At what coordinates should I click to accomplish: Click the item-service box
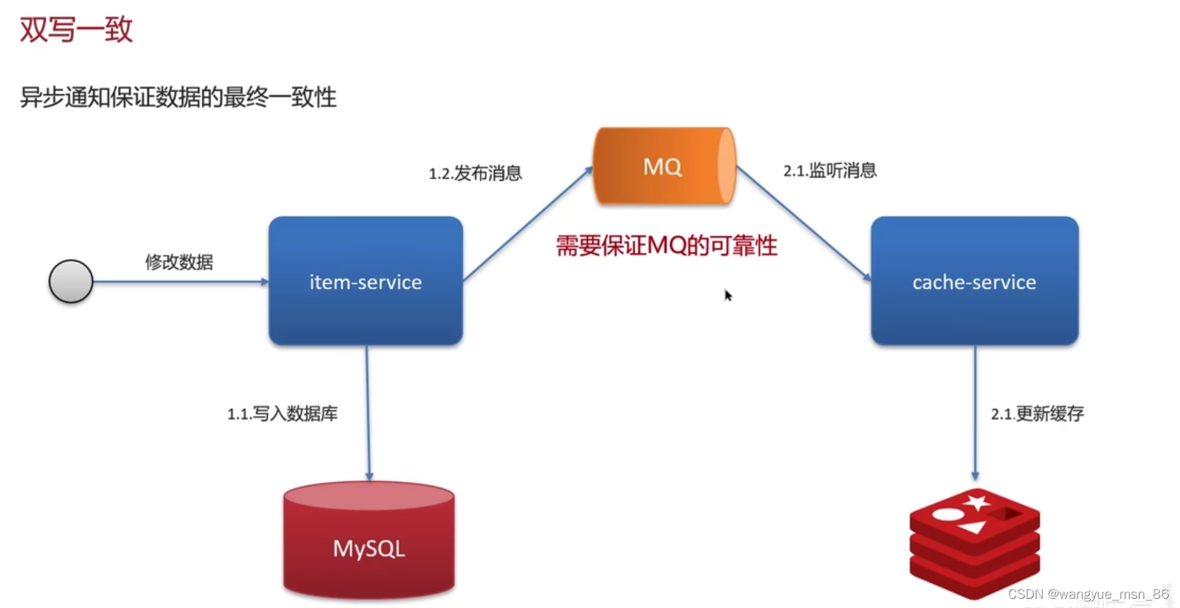coord(366,281)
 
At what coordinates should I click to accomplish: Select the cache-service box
coord(974,281)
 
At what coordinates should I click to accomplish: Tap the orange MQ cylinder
coord(663,166)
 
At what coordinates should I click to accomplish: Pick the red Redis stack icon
coord(974,543)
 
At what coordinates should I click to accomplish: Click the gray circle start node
coord(71,281)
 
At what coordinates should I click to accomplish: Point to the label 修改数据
coord(179,262)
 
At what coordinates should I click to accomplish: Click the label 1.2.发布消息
coord(475,173)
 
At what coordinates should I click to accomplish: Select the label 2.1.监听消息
coord(829,170)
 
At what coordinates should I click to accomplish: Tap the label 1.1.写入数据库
coord(282,414)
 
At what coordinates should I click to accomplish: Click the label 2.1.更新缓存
coord(1036,414)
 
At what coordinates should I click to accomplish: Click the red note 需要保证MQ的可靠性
coord(666,246)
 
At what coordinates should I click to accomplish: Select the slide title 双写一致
coord(76,30)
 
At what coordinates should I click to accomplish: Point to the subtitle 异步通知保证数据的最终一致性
coord(178,97)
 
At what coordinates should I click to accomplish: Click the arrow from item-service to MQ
coord(527,224)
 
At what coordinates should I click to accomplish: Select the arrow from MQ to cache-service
coord(804,224)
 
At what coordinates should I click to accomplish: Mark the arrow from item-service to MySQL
coord(368,414)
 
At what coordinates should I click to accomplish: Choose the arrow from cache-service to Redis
coord(975,414)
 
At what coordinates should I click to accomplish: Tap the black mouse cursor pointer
coord(728,295)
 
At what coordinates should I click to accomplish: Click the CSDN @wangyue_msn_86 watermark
coord(1088,595)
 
